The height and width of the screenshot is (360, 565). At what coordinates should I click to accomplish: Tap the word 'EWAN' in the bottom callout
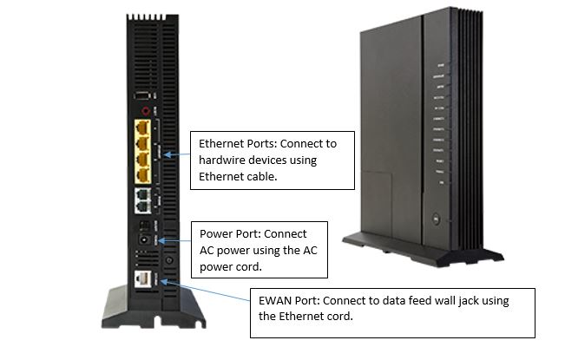(x=276, y=300)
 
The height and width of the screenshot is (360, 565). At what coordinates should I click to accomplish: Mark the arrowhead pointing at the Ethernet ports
(x=164, y=154)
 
